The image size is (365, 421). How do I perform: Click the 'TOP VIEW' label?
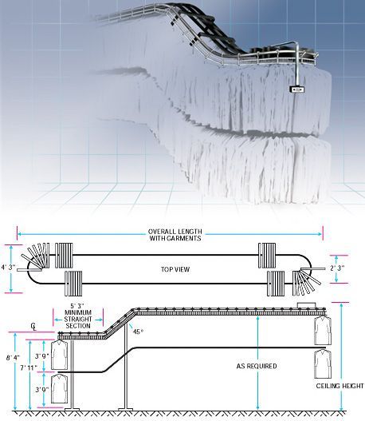pyautogui.click(x=175, y=269)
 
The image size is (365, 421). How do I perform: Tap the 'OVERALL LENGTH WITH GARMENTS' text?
pyautogui.click(x=175, y=235)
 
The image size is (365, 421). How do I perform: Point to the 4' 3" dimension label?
pyautogui.click(x=8, y=268)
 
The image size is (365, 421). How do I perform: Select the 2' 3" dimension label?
pyautogui.click(x=337, y=268)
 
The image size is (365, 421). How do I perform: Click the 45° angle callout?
pyautogui.click(x=138, y=332)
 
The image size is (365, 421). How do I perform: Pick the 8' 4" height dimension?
pyautogui.click(x=13, y=358)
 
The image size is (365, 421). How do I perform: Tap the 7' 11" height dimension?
pyautogui.click(x=29, y=367)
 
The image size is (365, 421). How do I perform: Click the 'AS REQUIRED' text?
pyautogui.click(x=257, y=366)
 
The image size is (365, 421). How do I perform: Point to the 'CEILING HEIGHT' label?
pyautogui.click(x=339, y=386)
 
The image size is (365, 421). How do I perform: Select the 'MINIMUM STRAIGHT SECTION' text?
pyautogui.click(x=78, y=319)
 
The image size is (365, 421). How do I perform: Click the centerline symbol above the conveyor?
pyautogui.click(x=33, y=327)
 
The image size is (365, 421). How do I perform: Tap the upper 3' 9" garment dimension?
pyautogui.click(x=42, y=356)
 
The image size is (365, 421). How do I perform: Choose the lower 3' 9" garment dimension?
pyautogui.click(x=42, y=390)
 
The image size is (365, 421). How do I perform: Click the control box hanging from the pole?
pyautogui.click(x=297, y=89)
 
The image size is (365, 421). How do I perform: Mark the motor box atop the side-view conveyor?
pyautogui.click(x=307, y=305)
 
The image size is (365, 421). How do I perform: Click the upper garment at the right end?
pyautogui.click(x=323, y=331)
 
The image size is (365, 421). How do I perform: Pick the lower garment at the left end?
pyautogui.click(x=60, y=388)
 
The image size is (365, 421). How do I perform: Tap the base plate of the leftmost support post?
pyautogui.click(x=72, y=409)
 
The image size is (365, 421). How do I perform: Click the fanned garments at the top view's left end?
pyautogui.click(x=37, y=256)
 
